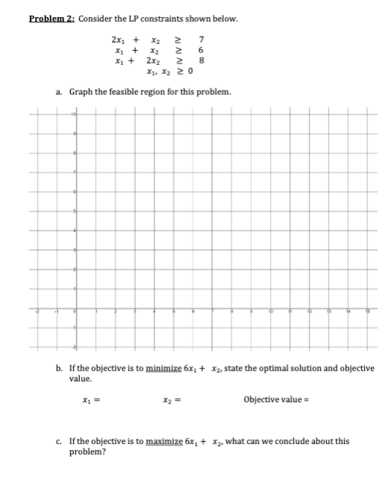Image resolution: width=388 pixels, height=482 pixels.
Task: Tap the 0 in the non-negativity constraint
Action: pos(191,72)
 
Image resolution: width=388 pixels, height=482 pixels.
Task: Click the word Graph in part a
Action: pos(81,92)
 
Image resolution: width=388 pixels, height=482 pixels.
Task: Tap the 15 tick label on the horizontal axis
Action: pos(366,307)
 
